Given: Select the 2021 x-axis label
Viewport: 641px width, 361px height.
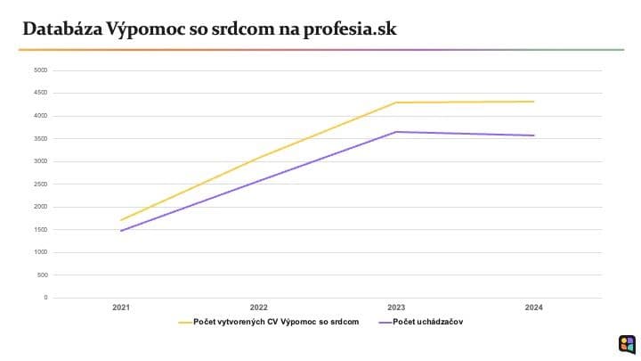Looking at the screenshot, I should pos(121,308).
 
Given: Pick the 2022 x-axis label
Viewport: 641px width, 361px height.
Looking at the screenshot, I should pos(259,308).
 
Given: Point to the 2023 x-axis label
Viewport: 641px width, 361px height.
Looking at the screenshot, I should pos(396,308).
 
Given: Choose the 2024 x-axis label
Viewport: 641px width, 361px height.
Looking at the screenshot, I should pos(534,308).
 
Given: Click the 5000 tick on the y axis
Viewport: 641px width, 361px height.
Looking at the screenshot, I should pos(41,70).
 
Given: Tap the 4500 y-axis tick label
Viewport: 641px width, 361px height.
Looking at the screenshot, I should pos(41,93).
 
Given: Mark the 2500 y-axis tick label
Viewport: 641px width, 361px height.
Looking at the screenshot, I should pos(41,184).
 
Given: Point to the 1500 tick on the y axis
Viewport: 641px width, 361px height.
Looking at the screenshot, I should pos(41,229).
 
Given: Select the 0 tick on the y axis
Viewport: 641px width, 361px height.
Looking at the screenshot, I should pos(45,297).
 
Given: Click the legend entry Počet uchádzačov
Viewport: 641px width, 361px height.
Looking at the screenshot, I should pos(426,322).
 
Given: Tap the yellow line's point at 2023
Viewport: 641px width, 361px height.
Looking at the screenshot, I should pos(396,103).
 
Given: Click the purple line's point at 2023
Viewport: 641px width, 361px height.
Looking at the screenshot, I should pos(396,132).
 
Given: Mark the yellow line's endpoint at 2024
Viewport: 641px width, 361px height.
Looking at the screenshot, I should pos(534,102).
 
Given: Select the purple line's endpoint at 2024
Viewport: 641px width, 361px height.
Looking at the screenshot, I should pos(534,135).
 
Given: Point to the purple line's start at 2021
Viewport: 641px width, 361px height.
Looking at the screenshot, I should pos(121,231).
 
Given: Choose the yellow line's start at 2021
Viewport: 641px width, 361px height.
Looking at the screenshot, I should pos(121,220).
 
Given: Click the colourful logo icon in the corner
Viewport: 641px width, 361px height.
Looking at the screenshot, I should pos(626,343).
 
